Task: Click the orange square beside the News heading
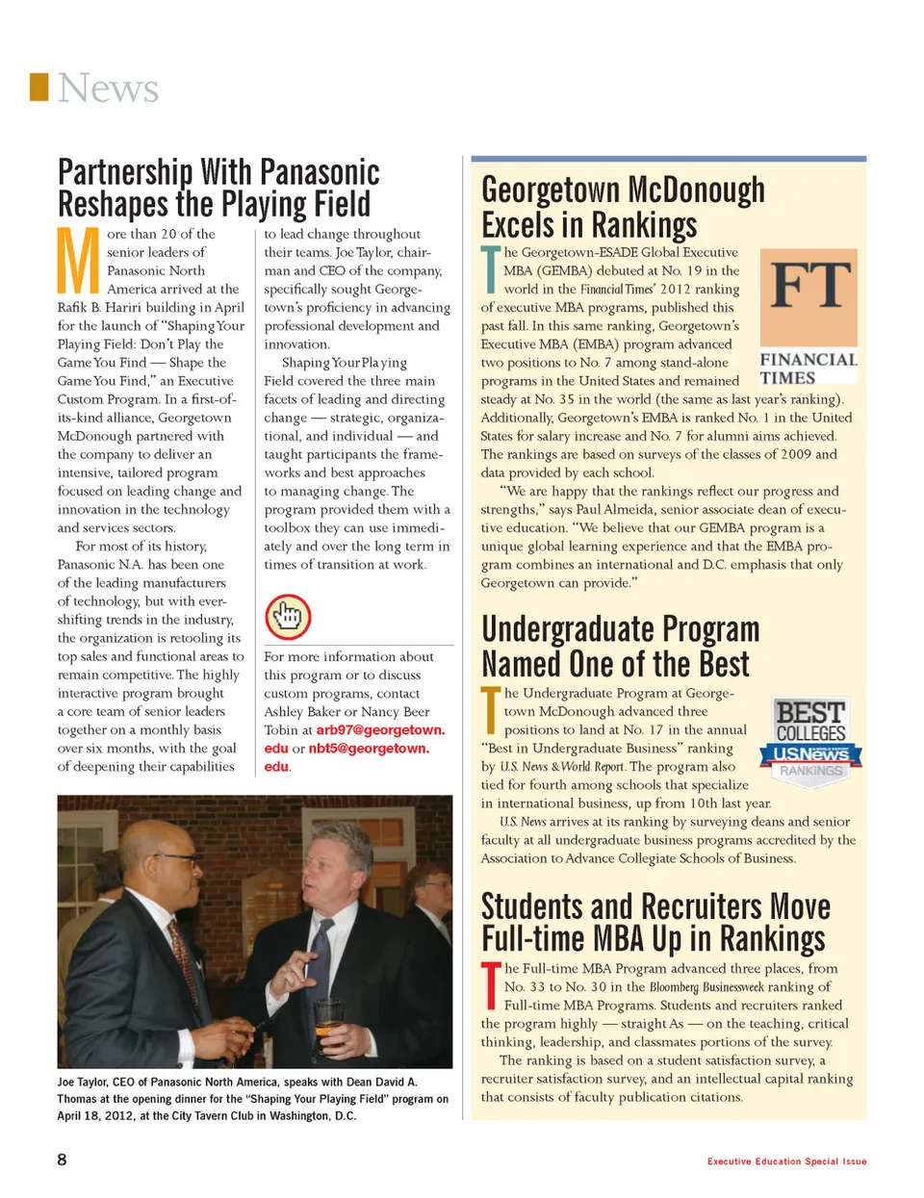click(x=39, y=87)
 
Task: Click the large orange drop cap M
click(x=78, y=261)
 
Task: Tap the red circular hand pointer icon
click(x=288, y=617)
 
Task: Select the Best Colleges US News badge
click(x=810, y=741)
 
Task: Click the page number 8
click(x=63, y=1160)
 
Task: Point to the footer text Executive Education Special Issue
click(x=786, y=1161)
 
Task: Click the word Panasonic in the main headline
click(x=320, y=173)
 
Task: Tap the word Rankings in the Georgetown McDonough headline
click(x=644, y=225)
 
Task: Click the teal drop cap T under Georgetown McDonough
click(x=490, y=270)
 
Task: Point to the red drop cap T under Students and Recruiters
click(x=490, y=986)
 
